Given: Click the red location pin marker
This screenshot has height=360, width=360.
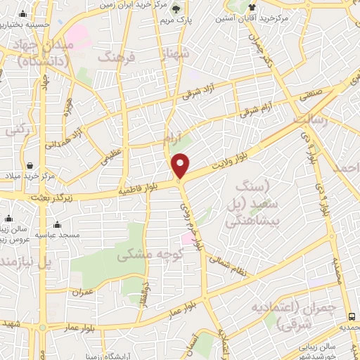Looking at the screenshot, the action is click(x=181, y=165).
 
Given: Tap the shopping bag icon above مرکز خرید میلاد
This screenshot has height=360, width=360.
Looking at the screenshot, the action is click(x=31, y=166).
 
